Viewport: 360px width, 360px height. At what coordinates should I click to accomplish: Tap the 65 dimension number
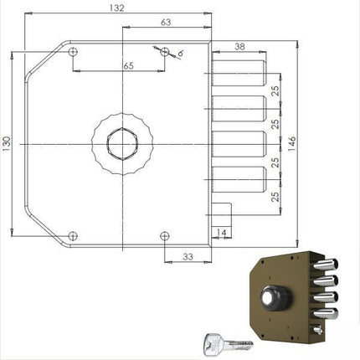(x=127, y=64)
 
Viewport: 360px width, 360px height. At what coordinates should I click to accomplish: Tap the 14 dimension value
(x=221, y=231)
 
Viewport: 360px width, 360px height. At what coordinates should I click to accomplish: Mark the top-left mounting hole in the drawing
(x=74, y=52)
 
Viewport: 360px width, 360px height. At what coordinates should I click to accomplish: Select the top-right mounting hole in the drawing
(x=165, y=52)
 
